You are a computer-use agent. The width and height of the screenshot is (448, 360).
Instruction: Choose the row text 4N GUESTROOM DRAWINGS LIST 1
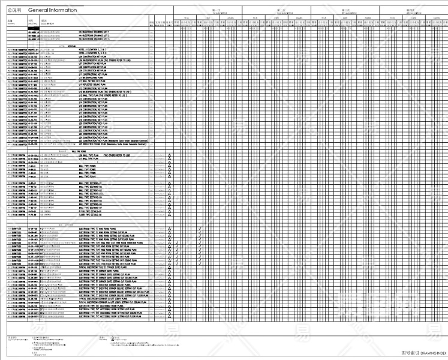[x=96, y=30]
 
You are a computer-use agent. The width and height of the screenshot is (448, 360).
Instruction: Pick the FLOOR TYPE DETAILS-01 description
[x=96, y=214]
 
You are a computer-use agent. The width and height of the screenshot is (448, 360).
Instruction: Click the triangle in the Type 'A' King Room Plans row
[x=170, y=229]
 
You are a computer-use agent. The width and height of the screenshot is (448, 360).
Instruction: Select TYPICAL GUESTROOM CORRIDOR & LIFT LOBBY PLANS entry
[x=112, y=298]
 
